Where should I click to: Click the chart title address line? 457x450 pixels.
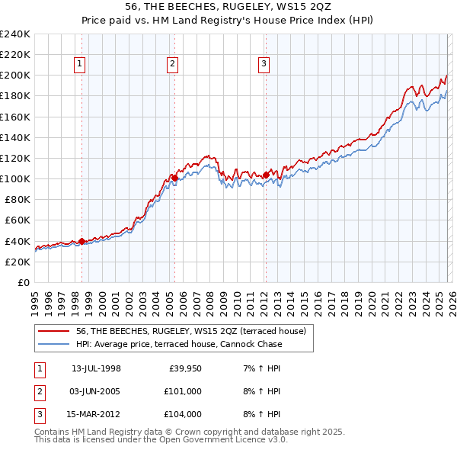[x=228, y=6]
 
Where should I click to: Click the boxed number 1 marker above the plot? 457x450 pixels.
[x=81, y=65]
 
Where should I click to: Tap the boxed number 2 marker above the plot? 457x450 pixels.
[x=173, y=65]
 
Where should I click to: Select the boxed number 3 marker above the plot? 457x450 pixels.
[x=264, y=65]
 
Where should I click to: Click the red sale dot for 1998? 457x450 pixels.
[x=81, y=241]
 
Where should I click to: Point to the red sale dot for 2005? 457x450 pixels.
[x=174, y=178]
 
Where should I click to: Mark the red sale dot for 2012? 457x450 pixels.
[x=266, y=175]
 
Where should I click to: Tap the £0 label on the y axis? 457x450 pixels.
[x=23, y=282]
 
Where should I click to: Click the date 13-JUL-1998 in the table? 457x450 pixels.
[x=96, y=368]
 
